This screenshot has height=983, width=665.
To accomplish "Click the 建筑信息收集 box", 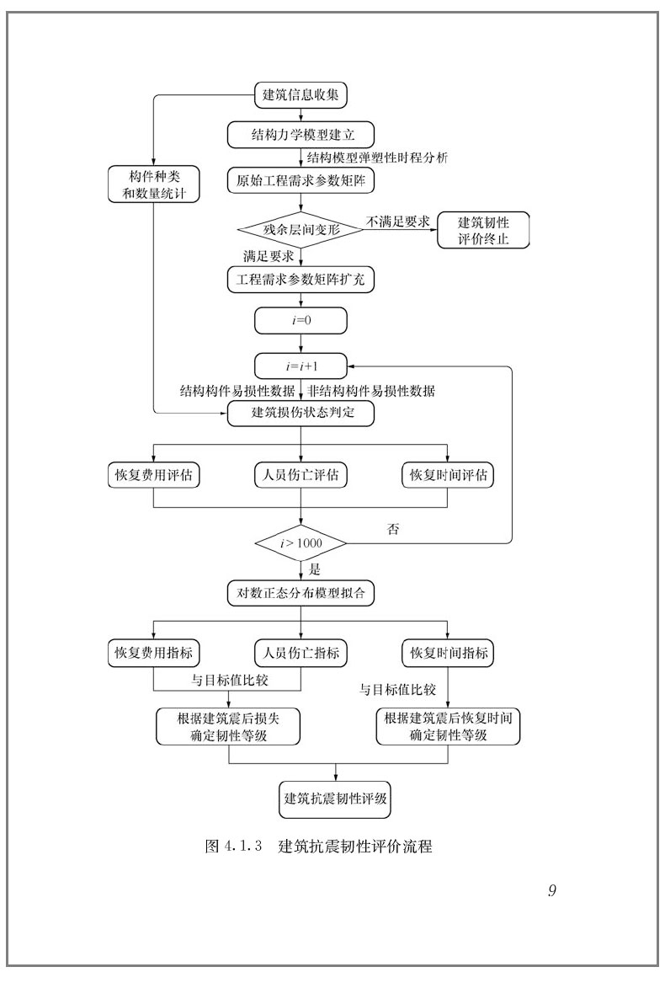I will tap(301, 95).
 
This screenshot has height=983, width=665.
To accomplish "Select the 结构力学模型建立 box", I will tap(301, 136).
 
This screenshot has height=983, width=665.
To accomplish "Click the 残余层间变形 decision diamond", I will tap(301, 228).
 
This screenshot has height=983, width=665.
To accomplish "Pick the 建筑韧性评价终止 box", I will tap(483, 231).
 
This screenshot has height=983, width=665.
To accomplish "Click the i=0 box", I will tap(301, 320).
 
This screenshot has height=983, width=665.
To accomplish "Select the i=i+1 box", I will tap(301, 366).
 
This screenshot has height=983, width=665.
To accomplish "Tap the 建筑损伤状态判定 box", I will tap(301, 413).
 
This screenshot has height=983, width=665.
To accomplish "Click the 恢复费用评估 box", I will tap(153, 475).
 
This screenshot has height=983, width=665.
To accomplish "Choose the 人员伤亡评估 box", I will tap(301, 475).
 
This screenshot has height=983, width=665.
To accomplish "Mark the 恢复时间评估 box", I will tap(448, 475).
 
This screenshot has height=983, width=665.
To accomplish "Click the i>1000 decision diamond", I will tap(301, 543).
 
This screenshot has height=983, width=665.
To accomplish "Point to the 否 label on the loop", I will tap(392, 530).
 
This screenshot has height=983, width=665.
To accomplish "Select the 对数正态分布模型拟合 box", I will tap(301, 592).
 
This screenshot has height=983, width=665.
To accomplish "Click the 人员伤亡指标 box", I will tap(301, 652).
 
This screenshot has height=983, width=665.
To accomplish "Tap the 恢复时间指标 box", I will tap(448, 652).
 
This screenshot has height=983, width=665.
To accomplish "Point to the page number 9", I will tap(551, 891).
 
